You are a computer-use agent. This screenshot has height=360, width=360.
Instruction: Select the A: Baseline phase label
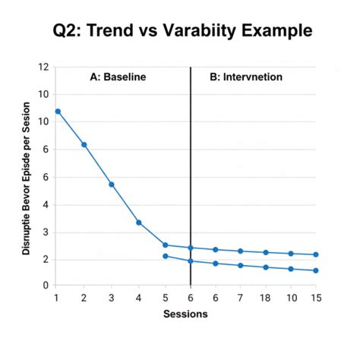tap(118, 77)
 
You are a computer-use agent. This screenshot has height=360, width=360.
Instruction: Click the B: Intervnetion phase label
tap(246, 77)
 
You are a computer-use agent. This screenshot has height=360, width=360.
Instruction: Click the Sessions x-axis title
tap(185, 313)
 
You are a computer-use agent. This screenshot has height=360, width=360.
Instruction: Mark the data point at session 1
tap(57, 112)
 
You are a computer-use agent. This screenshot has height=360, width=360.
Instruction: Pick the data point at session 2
tap(84, 144)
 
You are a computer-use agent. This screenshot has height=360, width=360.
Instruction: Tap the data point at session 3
tap(112, 185)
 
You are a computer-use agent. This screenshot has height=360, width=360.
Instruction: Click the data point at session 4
tap(139, 223)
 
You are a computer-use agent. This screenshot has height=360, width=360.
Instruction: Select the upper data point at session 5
tap(166, 245)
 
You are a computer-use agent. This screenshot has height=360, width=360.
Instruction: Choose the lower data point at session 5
tap(166, 256)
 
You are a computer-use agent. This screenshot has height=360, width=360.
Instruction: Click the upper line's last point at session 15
tap(315, 254)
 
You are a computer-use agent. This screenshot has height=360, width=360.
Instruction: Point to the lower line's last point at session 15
tap(315, 270)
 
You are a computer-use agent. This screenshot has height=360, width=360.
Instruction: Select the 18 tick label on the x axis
tap(265, 298)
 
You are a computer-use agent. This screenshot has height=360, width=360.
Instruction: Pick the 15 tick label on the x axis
tap(315, 298)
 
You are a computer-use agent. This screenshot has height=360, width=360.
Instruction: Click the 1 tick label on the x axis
tap(56, 298)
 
